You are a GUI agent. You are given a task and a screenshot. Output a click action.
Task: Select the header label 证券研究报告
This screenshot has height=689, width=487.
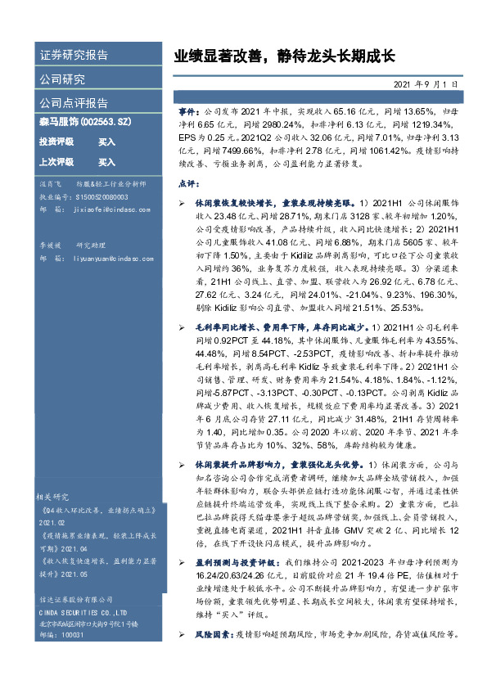point(74,56)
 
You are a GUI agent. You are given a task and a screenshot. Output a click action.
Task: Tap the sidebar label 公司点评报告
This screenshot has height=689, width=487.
point(74,103)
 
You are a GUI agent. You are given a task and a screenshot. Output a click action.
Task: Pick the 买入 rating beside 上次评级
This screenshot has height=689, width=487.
point(106,162)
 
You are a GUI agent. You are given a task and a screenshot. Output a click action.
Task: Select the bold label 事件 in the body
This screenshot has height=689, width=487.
point(187,109)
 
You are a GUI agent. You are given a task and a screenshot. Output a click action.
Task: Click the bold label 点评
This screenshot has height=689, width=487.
point(187,183)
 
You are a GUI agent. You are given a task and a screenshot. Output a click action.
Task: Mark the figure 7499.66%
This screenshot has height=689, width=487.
point(231,151)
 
